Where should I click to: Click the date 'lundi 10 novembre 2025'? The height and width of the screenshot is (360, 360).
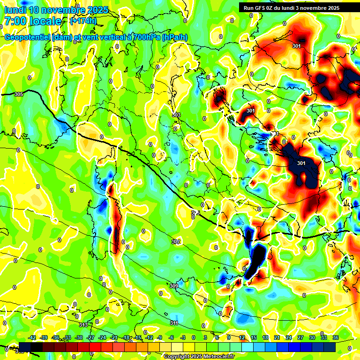point(56,10)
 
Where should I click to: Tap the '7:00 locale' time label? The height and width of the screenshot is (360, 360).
point(32,21)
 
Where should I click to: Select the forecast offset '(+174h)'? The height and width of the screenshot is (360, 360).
point(83,21)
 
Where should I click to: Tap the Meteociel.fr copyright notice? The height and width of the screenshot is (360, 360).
point(198,356)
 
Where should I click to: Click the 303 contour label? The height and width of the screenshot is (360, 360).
point(176,115)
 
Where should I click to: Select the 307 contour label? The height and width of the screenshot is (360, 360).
point(176,242)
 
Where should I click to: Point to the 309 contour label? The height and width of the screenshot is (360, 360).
point(173,286)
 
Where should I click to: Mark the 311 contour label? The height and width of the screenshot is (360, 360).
point(173,323)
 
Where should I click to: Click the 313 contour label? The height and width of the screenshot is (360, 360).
point(83,325)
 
